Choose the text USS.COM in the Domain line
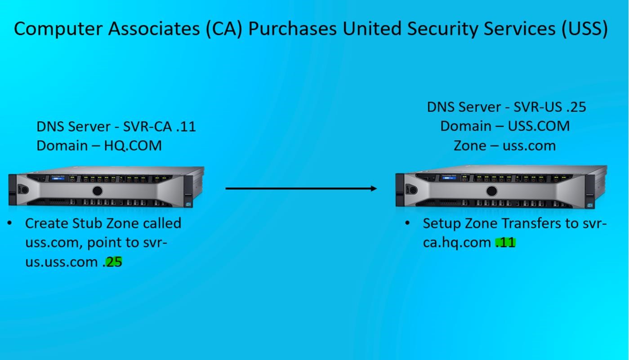point(539,126)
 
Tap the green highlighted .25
point(113,262)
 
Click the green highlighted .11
point(505,243)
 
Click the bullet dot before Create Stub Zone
point(10,223)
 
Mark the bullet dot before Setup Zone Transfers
point(407,223)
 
